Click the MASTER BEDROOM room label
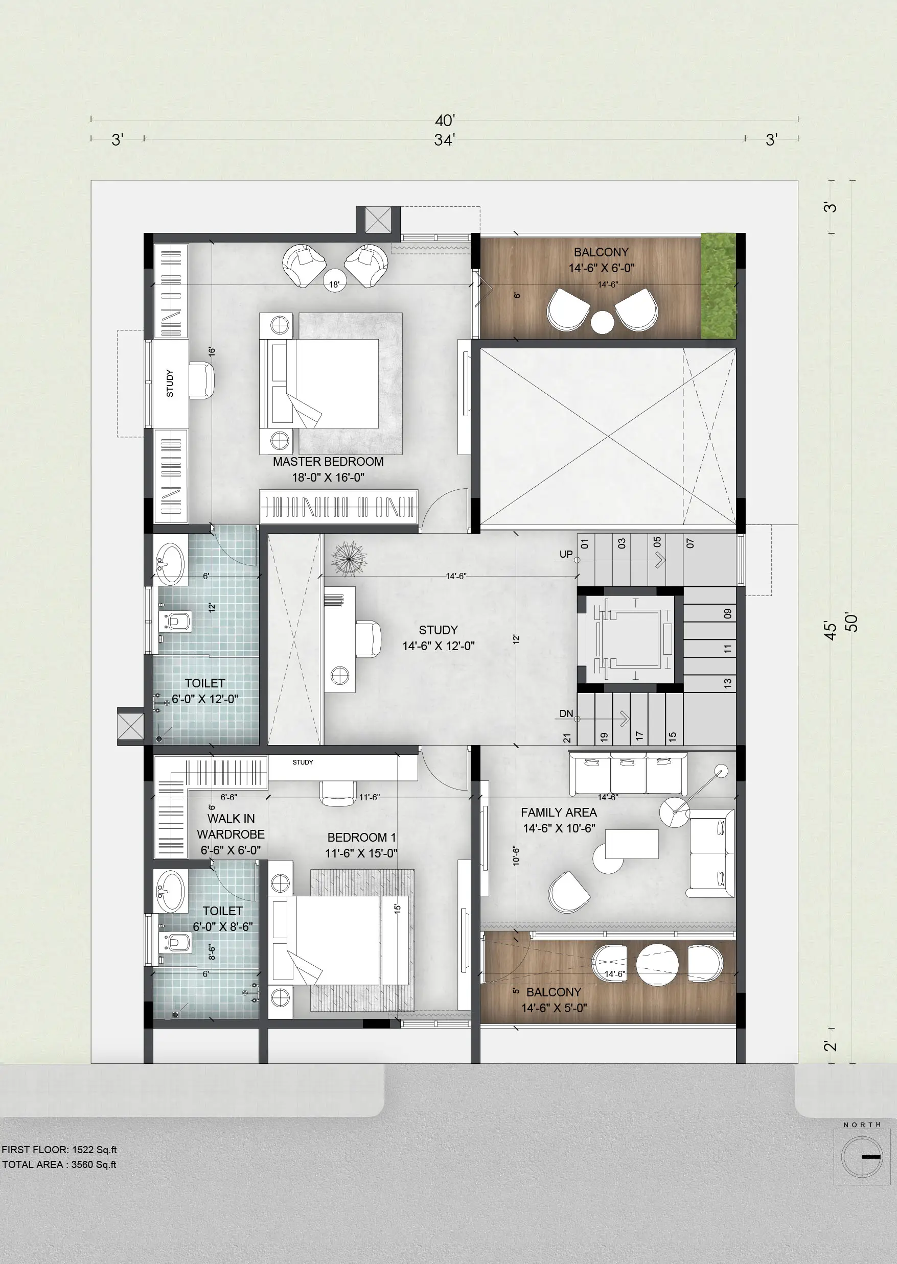328,462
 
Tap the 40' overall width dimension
445,121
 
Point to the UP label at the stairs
566,554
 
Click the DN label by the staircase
566,713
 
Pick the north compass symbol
861,1156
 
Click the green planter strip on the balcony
719,286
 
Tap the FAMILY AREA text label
559,813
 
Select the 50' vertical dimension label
852,622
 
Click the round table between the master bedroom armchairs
335,280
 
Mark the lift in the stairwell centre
630,640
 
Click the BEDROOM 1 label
361,838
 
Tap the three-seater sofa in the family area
628,773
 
